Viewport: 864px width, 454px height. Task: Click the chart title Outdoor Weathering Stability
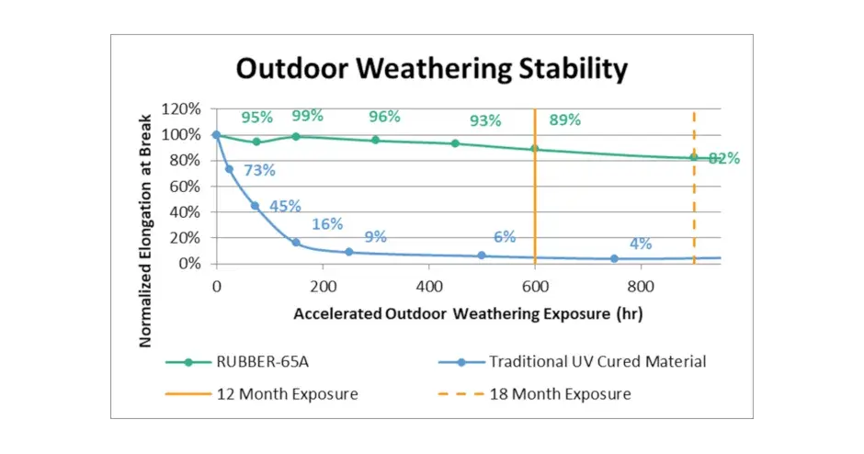[x=431, y=69]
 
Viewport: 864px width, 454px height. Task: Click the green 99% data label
[x=307, y=116]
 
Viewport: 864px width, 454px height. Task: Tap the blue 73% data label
[x=259, y=170]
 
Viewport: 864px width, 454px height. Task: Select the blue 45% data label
[x=285, y=206]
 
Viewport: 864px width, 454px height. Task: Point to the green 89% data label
[x=564, y=119]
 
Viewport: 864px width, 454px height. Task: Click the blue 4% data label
[x=641, y=244]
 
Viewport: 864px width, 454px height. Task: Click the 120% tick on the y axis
[x=182, y=108]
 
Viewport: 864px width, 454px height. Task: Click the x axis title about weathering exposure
[x=468, y=313]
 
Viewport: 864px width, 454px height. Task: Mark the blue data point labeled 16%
[x=296, y=243]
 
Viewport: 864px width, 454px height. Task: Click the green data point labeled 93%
[x=455, y=143]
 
